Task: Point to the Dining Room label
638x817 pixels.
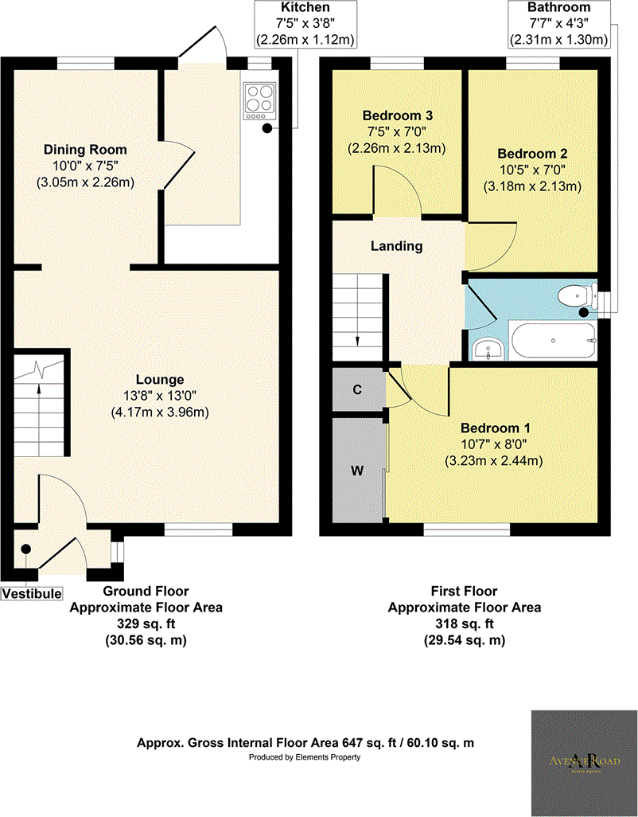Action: pyautogui.click(x=85, y=150)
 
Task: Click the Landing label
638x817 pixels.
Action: pyautogui.click(x=397, y=246)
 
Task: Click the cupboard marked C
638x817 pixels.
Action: pyautogui.click(x=357, y=390)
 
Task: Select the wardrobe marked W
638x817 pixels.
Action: pyautogui.click(x=357, y=470)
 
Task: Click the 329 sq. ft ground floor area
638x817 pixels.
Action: pyautogui.click(x=146, y=623)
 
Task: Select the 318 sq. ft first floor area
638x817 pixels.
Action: pyautogui.click(x=464, y=623)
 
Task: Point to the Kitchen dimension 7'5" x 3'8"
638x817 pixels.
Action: pyautogui.click(x=305, y=23)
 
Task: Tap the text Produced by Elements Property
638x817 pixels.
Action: pyautogui.click(x=305, y=757)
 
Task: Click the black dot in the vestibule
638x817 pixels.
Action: pyautogui.click(x=25, y=549)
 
